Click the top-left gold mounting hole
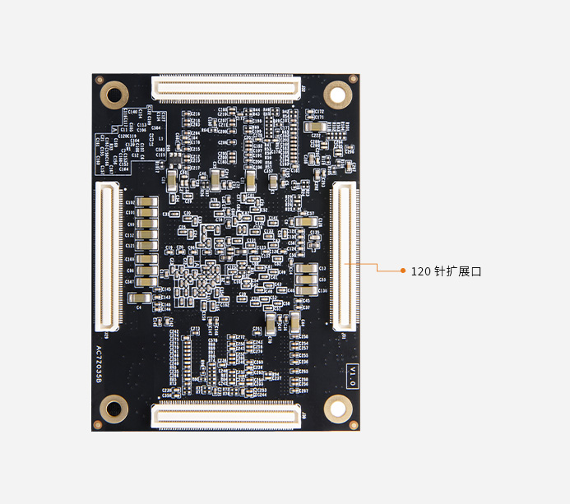coord(114,93)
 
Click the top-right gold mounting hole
coord(336,93)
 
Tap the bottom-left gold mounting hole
coord(114,409)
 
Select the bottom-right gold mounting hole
coord(336,408)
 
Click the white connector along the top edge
coord(225,87)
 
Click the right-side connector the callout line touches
coord(344,257)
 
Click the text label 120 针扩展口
coord(445,270)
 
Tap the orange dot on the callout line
coord(402,270)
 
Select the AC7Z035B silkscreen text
coord(100,365)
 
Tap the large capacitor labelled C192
coord(147,201)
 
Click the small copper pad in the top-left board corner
coord(100,81)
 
